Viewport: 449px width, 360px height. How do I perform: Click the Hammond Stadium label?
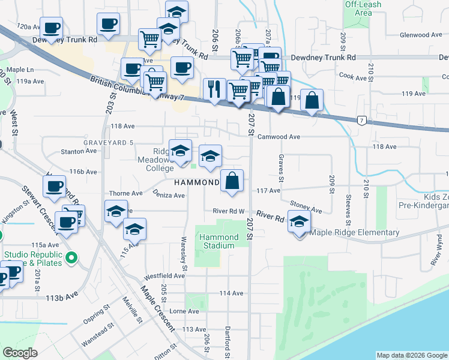coord(218,241)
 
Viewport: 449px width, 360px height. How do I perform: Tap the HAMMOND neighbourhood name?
coord(197,182)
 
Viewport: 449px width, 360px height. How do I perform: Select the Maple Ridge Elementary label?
coord(354,233)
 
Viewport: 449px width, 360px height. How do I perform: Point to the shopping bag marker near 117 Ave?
coord(232,181)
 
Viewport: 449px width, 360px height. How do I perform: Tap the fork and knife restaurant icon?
coord(214,90)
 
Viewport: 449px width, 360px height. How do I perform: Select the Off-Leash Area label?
coord(363,8)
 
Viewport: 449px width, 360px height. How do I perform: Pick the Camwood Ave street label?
coord(279,137)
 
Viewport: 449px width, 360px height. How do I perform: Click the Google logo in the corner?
coord(20,352)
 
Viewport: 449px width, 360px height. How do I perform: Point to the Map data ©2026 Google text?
coord(412,355)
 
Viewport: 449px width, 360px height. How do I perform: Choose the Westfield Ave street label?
coord(164,276)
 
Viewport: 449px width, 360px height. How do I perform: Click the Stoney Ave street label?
coord(307,208)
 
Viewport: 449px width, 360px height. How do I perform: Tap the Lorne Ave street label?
coord(184,311)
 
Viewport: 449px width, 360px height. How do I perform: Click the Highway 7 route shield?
coord(361,121)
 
